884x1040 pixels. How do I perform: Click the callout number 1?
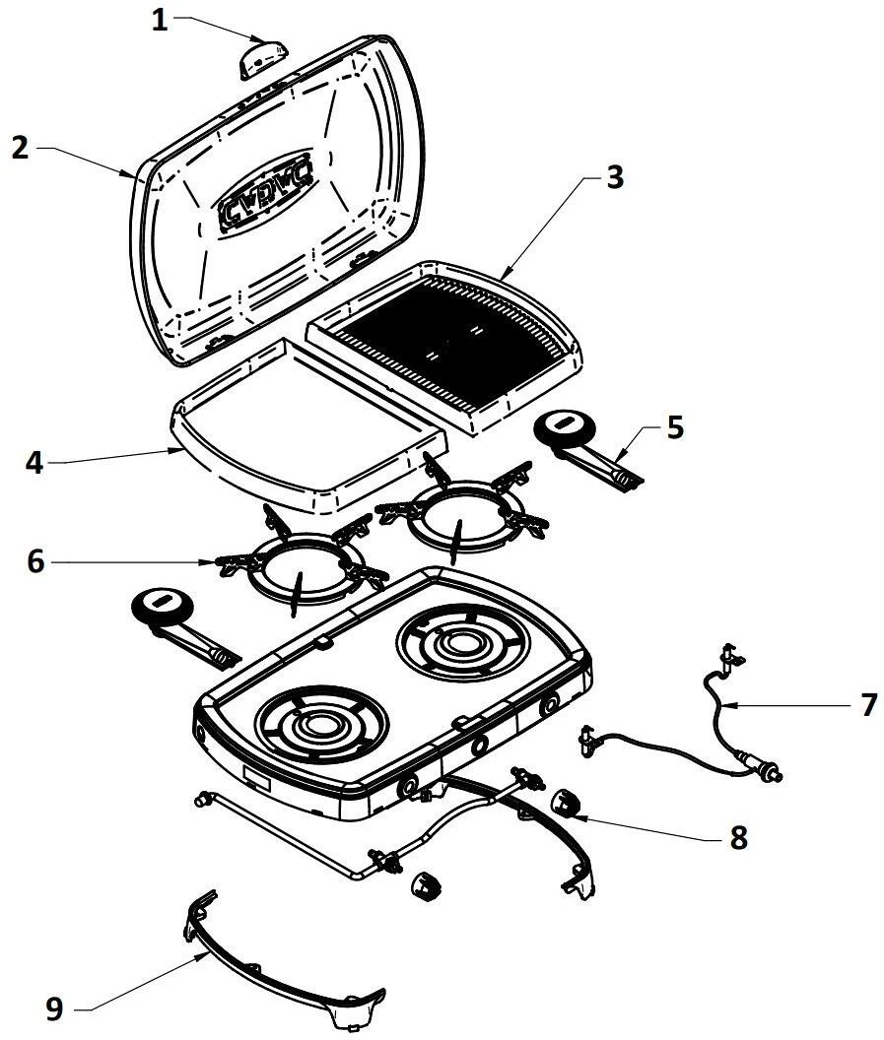pyautogui.click(x=160, y=21)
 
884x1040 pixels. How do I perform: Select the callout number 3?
pyautogui.click(x=614, y=177)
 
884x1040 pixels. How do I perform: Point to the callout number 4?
pyautogui.click(x=35, y=462)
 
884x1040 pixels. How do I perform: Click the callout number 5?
pyautogui.click(x=674, y=428)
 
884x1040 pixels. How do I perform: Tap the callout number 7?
pyautogui.click(x=868, y=705)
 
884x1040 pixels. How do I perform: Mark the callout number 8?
pyautogui.click(x=738, y=837)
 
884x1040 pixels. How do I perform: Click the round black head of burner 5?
pyautogui.click(x=565, y=430)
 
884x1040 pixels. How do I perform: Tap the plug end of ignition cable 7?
pyautogui.click(x=767, y=766)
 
